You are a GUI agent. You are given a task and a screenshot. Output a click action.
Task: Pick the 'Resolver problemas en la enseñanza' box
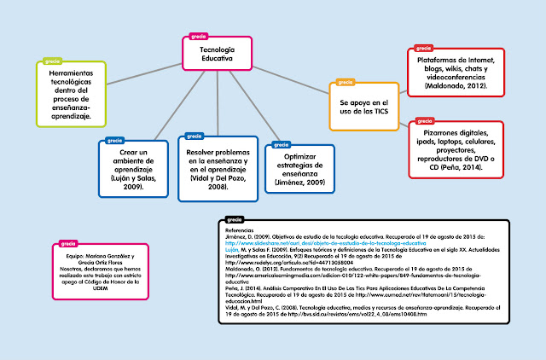tap(217, 166)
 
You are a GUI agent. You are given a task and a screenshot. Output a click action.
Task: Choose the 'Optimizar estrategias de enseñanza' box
tap(305, 168)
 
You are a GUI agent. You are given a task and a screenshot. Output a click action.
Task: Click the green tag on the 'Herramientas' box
tap(51, 61)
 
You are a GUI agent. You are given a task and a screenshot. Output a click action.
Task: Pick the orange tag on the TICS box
tap(345, 83)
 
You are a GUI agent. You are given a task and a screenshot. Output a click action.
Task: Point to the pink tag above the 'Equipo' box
tap(67, 243)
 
